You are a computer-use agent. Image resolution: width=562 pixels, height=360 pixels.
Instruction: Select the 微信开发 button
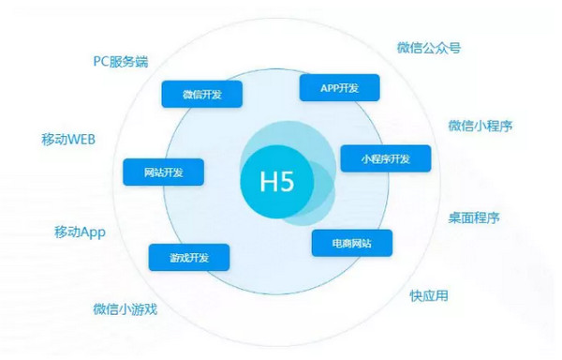201,94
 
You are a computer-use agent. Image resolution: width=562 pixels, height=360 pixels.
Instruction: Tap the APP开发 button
339,87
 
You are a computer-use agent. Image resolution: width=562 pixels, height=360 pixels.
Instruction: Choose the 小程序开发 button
385,158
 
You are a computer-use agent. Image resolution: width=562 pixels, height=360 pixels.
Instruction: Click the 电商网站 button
351,244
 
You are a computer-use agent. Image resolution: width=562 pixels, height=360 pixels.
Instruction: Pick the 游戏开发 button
189,258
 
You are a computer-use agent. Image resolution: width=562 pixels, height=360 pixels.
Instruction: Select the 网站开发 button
164,172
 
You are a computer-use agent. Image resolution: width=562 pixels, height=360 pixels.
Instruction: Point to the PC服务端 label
120,62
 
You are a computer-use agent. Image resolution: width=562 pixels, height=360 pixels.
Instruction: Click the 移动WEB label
69,140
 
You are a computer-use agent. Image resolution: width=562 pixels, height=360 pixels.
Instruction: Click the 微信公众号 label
428,48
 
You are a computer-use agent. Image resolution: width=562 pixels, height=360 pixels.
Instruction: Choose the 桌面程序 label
473,217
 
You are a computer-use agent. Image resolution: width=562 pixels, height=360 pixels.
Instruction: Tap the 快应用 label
429,296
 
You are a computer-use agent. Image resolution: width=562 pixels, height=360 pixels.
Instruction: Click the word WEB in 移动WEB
81,140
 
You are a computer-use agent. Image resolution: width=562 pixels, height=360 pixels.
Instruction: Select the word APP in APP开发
329,87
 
